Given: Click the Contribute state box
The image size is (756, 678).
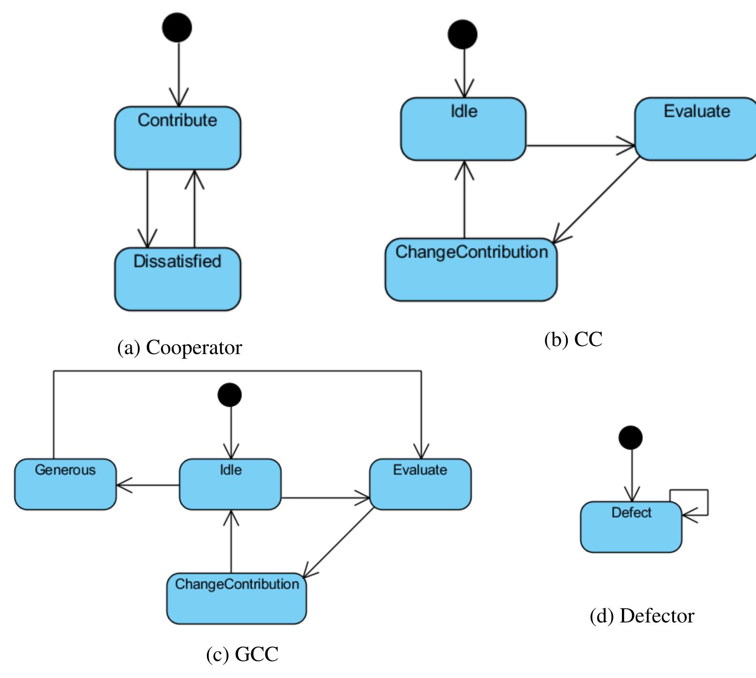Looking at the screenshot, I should (177, 137).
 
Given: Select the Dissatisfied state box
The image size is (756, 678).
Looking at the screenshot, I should (177, 279).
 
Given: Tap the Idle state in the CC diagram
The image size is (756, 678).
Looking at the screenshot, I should (463, 129).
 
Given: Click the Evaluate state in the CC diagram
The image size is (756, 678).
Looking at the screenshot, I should (696, 129).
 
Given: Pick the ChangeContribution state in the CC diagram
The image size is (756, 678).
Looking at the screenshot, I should (471, 269).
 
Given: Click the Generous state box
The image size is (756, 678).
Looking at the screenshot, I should (65, 484).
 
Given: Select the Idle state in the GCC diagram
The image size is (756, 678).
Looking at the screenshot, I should (230, 484).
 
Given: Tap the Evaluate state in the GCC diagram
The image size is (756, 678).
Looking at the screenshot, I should (420, 484).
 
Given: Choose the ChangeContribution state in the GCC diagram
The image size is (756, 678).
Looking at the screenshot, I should (237, 598).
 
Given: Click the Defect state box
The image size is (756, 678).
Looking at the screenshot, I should (631, 526).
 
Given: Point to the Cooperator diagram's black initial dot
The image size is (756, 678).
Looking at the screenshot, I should (177, 27).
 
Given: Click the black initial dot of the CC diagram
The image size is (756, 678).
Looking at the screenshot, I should (462, 34).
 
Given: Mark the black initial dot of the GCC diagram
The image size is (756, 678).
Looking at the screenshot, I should (230, 395).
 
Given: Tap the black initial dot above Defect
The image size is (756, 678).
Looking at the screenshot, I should (630, 437).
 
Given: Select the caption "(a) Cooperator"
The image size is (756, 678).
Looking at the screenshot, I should (179, 347).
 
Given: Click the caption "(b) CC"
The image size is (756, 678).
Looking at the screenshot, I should (573, 339).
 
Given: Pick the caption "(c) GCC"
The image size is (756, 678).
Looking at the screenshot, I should (242, 654).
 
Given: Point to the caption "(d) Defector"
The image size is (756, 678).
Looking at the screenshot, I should (642, 616).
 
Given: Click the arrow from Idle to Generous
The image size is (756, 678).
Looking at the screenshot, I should (148, 485).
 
